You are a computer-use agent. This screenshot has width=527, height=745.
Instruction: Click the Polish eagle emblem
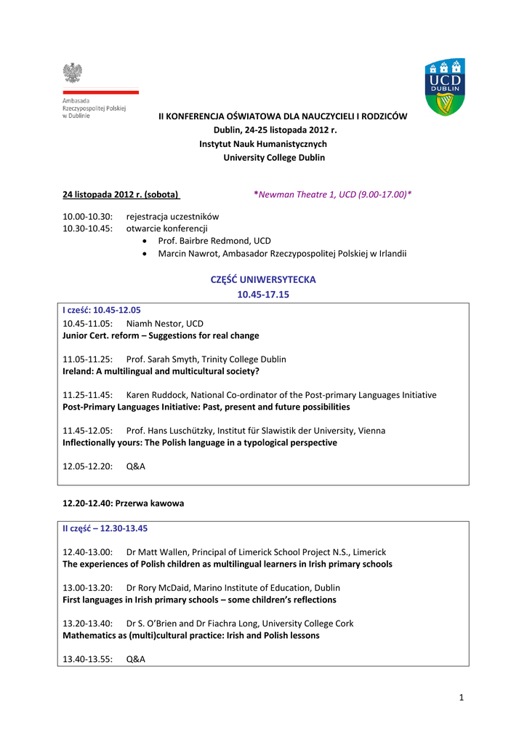(x=72, y=73)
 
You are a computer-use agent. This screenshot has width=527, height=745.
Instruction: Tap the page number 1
(x=461, y=698)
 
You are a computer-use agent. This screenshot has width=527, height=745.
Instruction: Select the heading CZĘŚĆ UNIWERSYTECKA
(x=262, y=279)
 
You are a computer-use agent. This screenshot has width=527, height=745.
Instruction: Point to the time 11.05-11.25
(x=88, y=359)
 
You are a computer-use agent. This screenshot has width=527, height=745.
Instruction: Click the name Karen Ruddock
(x=158, y=394)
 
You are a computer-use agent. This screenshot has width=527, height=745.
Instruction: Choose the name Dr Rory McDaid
(x=158, y=587)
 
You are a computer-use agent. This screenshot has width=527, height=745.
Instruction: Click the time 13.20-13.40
(x=88, y=623)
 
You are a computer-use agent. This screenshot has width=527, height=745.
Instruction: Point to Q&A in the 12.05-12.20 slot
(x=136, y=466)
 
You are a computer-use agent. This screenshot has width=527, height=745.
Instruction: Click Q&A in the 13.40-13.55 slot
(x=136, y=658)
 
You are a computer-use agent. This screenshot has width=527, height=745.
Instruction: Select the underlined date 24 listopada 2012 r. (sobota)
(x=121, y=194)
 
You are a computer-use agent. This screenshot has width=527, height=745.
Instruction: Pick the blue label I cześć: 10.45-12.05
(x=102, y=310)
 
